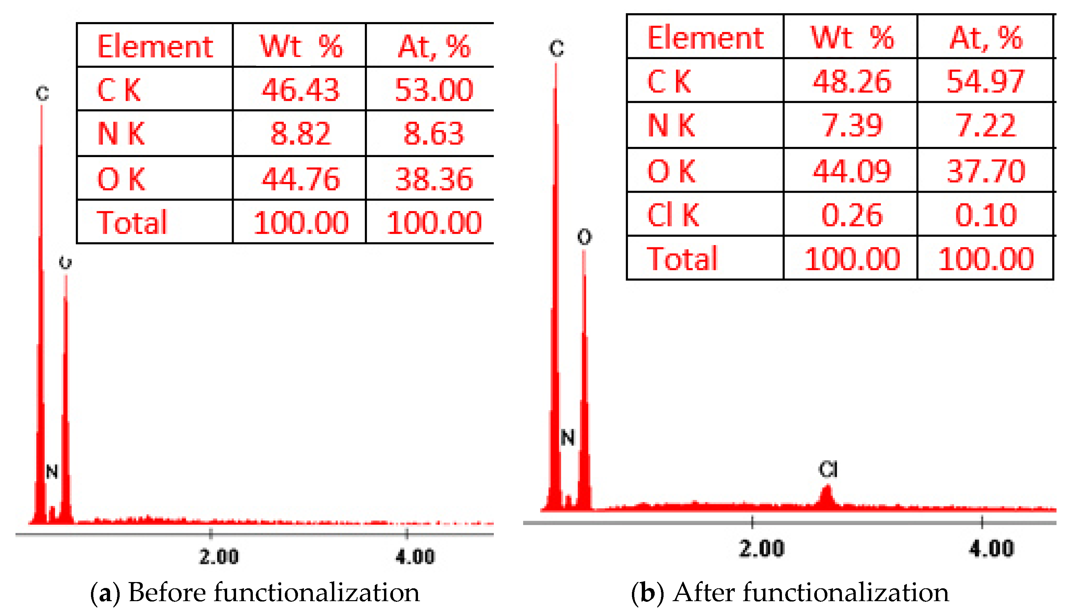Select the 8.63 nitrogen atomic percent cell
pos(433,134)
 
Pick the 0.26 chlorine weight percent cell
pos(851,215)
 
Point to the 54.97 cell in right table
pos(985,81)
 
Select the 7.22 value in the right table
pos(985,125)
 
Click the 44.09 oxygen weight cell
pos(851,171)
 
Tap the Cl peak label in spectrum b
pos(828,469)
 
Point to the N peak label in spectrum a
pos(52,471)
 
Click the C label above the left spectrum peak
pos(42,93)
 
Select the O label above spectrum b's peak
pos(584,237)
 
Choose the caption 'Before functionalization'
pos(274,593)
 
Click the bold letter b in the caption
pos(647,593)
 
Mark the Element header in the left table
pos(155,46)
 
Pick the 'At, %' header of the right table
pos(986,38)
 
